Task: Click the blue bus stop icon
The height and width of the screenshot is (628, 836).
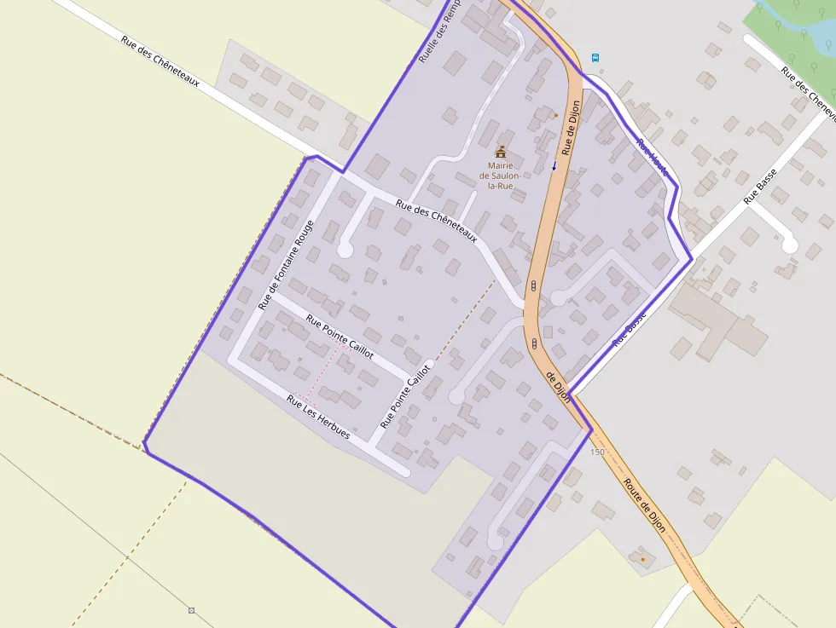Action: pos(595,58)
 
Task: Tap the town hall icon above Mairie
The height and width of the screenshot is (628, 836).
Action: pos(501,152)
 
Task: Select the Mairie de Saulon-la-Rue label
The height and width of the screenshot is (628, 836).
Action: pos(500,176)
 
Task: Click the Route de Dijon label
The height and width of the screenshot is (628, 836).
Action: pos(644,504)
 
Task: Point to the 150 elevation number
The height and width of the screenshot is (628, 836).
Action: pos(597,452)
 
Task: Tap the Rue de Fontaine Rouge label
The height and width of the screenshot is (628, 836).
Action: pos(287,264)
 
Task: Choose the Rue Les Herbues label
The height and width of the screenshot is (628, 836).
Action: pos(318,417)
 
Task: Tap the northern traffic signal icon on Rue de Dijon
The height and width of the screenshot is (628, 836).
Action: pos(533,286)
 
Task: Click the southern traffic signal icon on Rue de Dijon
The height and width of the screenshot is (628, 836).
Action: pos(534,343)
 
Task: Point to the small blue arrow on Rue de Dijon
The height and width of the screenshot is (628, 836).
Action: pos(554,165)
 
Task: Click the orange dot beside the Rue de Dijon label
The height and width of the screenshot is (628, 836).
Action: pos(556,115)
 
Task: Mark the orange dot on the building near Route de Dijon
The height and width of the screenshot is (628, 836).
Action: pos(642,559)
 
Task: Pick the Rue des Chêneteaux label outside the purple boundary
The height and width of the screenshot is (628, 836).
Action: pos(160,60)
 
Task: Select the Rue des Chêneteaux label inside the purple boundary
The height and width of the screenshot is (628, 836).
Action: pos(436,221)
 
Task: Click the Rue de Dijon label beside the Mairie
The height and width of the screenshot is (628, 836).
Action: pos(572,127)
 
